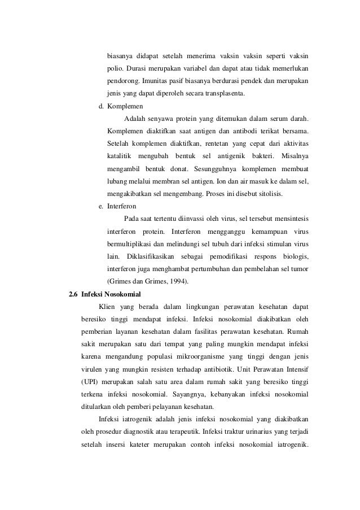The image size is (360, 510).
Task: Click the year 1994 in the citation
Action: (x=179, y=281)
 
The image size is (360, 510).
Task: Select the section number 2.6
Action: (x=73, y=294)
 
